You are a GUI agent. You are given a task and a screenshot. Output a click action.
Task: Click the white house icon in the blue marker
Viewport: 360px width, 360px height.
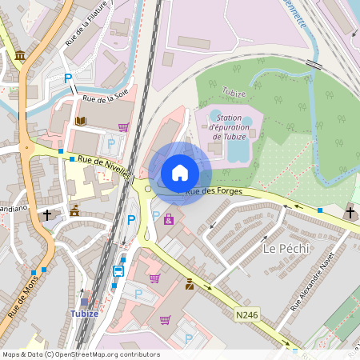click(180, 173)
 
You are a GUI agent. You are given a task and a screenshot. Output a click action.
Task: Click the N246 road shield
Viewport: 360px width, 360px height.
click(246, 316)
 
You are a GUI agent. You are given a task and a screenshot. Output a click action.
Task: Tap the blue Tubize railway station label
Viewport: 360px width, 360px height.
click(84, 314)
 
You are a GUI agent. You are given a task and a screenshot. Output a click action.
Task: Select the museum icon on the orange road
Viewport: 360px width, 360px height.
click(19, 55)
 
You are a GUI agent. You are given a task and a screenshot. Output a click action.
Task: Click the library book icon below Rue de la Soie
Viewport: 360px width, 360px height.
click(80, 122)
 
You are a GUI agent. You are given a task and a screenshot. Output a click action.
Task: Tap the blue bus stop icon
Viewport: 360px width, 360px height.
click(118, 270)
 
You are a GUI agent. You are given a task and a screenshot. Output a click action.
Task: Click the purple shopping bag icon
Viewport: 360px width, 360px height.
click(169, 219)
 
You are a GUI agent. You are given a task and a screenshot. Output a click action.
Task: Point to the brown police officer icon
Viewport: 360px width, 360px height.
click(190, 284)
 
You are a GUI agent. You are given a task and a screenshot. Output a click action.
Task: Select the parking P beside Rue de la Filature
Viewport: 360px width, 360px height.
click(69, 78)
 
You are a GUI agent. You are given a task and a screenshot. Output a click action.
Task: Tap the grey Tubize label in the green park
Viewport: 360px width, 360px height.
click(234, 92)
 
